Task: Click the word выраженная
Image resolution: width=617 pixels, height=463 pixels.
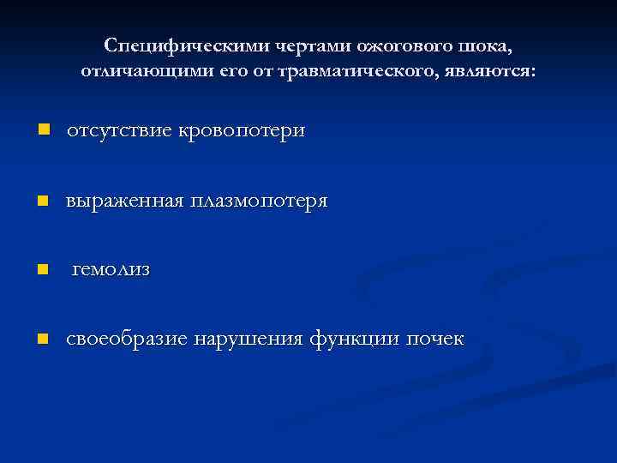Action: coord(125,201)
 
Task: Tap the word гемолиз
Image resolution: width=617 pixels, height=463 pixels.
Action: coord(111,269)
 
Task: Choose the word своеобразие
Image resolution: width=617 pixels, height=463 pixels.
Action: coord(127,339)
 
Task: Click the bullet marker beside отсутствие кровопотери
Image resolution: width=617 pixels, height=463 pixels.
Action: coord(44,131)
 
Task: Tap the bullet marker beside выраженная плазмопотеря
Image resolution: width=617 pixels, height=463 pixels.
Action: coord(44,201)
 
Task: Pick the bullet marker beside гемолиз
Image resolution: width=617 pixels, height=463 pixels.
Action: coord(44,269)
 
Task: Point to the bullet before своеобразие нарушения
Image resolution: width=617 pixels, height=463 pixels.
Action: coord(44,339)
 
